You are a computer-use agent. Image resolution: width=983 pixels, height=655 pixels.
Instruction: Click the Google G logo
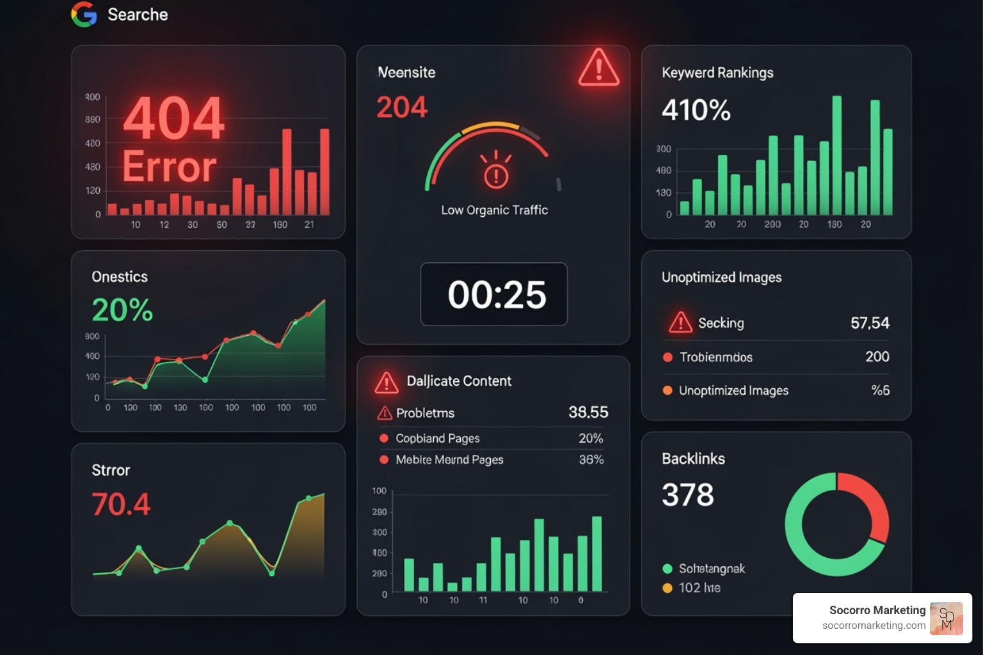click(84, 14)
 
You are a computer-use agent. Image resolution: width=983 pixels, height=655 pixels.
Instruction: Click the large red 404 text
click(173, 118)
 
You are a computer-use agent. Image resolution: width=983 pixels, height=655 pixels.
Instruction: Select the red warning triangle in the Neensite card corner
click(598, 68)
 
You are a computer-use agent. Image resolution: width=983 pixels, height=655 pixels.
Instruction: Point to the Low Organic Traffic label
click(494, 210)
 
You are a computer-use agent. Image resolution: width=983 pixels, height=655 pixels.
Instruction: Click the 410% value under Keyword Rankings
click(696, 110)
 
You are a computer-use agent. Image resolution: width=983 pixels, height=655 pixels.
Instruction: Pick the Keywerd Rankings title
click(717, 73)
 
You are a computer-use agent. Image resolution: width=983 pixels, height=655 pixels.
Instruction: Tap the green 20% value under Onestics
click(122, 310)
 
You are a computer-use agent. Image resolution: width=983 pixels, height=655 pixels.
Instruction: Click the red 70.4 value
click(121, 504)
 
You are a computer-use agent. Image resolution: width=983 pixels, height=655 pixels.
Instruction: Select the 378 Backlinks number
click(687, 494)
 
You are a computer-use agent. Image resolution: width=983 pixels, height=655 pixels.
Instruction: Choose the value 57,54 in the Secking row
click(870, 323)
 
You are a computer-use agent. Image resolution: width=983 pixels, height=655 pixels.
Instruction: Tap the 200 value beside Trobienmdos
click(877, 357)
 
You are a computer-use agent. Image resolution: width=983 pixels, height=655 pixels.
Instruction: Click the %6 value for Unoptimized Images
click(880, 390)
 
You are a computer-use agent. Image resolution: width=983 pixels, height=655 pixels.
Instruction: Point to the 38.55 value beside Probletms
click(588, 413)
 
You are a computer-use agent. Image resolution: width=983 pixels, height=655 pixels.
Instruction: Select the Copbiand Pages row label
click(437, 438)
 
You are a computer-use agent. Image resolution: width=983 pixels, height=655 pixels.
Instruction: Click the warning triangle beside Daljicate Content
click(387, 383)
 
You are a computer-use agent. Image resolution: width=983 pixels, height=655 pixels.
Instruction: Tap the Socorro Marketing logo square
click(946, 618)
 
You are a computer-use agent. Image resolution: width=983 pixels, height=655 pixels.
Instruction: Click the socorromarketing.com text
click(874, 626)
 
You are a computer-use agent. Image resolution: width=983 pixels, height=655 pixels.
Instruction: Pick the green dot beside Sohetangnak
click(667, 569)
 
